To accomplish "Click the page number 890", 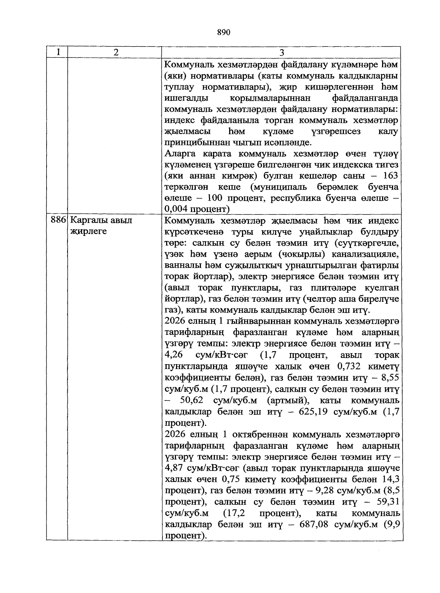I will [x=223, y=33].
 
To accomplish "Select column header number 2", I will [x=116, y=52].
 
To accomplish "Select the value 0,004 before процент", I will [x=177, y=209].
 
